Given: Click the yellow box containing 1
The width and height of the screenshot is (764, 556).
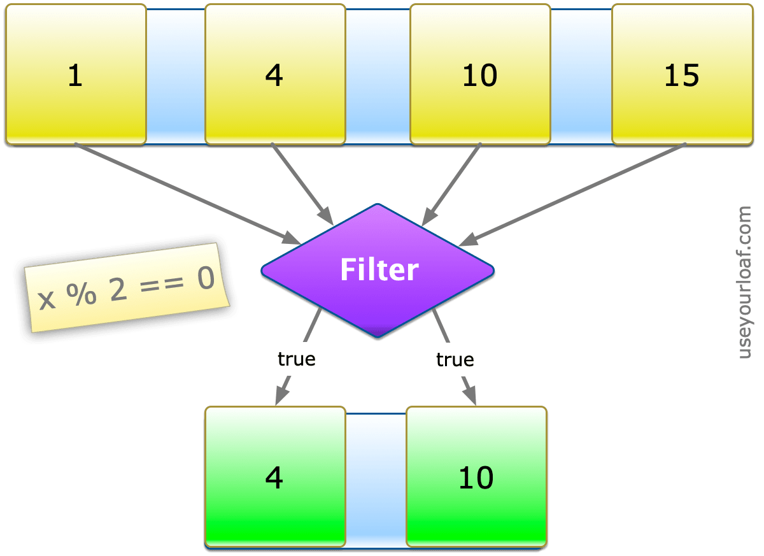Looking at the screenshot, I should [x=76, y=75].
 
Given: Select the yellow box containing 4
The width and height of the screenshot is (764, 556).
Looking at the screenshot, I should [x=274, y=75].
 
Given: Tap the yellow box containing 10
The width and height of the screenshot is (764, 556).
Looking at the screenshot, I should [x=479, y=75].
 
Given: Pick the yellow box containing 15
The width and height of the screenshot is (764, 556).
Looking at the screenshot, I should [x=681, y=75].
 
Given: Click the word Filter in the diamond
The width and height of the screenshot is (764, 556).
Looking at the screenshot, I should [x=379, y=269].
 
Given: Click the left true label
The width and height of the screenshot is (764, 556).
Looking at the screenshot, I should [x=296, y=359].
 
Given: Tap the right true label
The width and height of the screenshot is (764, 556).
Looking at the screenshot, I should [x=455, y=360].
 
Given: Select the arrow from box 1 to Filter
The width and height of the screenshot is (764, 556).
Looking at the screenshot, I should [x=185, y=193].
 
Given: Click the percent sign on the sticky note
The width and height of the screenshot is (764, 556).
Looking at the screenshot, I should [x=79, y=295].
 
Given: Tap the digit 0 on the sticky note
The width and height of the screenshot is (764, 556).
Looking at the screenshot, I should [x=204, y=280].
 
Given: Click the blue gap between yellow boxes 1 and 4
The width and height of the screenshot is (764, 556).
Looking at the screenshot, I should [x=176, y=75].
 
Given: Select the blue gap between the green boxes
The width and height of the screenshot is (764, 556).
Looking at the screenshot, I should [x=376, y=478].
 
